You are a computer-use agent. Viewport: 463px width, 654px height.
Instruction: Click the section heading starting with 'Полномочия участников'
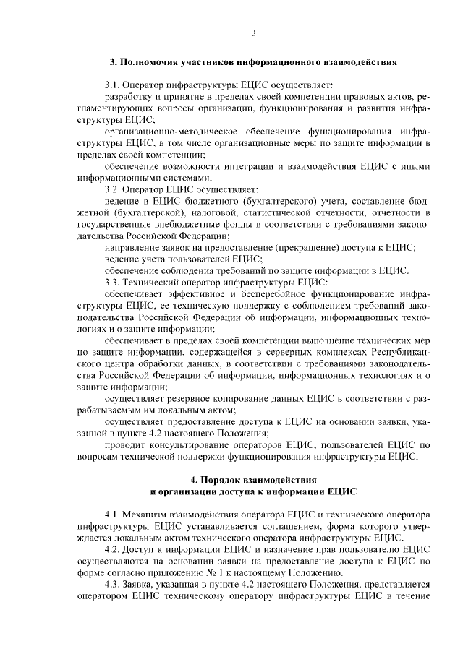pyautogui.click(x=253, y=62)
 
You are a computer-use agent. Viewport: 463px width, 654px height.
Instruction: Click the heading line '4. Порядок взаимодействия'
pyautogui.click(x=253, y=479)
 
